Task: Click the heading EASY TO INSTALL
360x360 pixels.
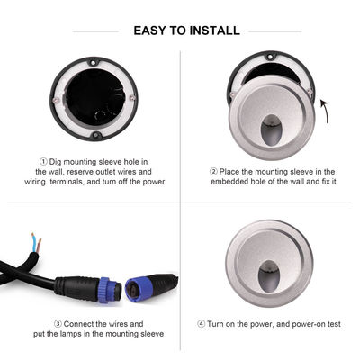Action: click(x=186, y=31)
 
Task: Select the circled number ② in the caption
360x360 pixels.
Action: click(x=213, y=172)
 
